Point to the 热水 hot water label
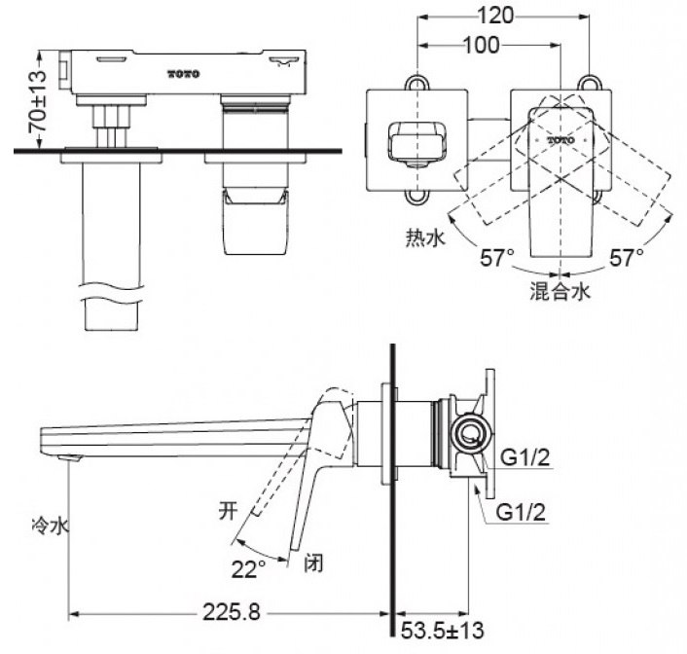pyautogui.click(x=423, y=236)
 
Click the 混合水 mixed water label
pyautogui.click(x=560, y=289)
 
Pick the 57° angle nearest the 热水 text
pyautogui.click(x=495, y=258)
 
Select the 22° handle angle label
pyautogui.click(x=248, y=566)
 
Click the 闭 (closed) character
pyautogui.click(x=313, y=562)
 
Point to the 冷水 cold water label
pyautogui.click(x=48, y=527)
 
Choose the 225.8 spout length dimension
pyautogui.click(x=230, y=612)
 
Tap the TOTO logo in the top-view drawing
pyautogui.click(x=560, y=140)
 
